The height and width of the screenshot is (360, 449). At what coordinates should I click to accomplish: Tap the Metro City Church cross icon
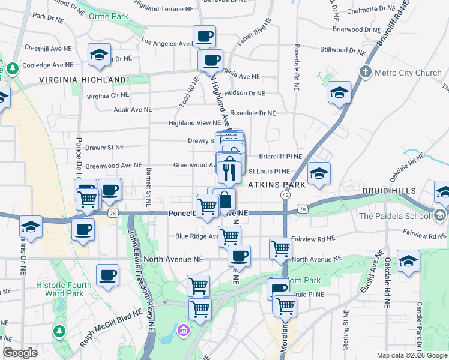point(366,73)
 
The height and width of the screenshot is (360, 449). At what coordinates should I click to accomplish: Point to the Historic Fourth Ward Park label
point(64,289)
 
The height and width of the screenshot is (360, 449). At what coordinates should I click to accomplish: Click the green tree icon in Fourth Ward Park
point(59,331)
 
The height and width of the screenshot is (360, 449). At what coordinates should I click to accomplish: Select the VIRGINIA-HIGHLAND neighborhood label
point(83,79)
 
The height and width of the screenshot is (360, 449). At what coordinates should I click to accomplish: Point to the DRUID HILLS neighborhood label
point(389,191)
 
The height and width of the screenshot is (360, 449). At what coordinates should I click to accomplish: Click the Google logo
point(20,353)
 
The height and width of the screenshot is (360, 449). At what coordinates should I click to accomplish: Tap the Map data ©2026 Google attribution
point(412,355)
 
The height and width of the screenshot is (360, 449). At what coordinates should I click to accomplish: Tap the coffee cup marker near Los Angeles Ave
point(204,37)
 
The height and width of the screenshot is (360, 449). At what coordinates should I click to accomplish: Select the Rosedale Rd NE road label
point(296,66)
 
